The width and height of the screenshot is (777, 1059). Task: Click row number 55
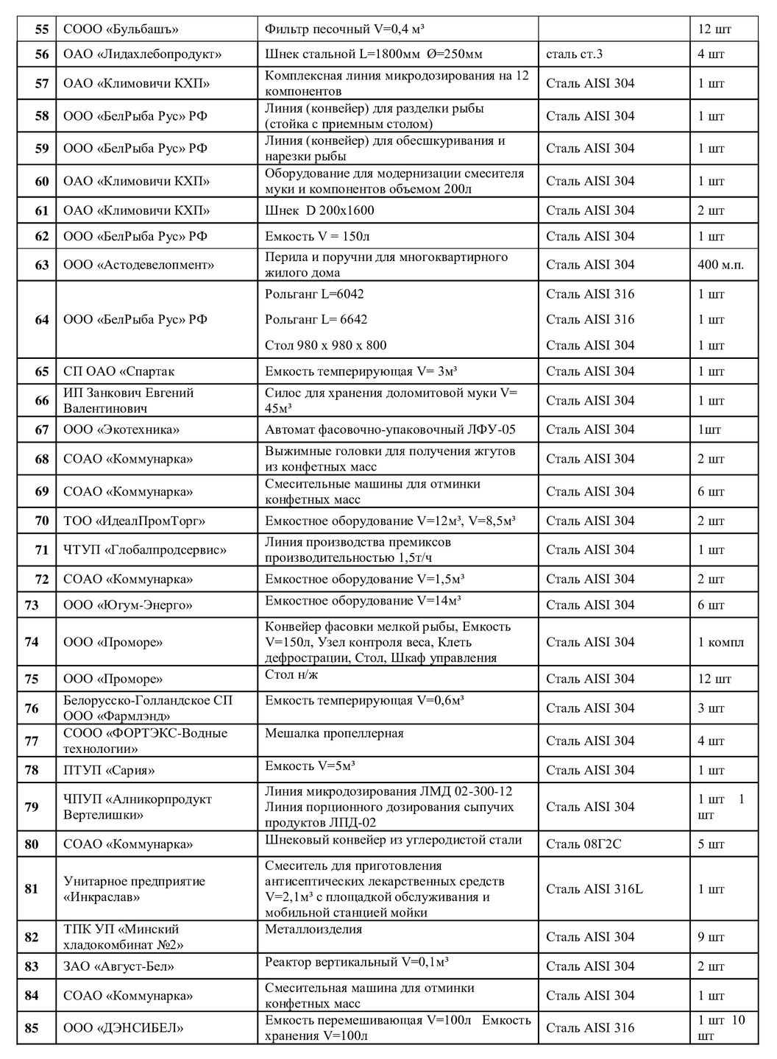pos(42,29)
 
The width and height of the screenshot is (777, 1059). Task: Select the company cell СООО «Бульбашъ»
pos(121,29)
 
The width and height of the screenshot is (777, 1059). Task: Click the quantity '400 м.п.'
pos(720,265)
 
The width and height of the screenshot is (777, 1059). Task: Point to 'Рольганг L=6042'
pos(313,294)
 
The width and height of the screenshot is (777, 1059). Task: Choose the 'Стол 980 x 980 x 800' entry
pos(325,345)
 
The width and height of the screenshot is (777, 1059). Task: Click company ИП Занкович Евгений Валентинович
pos(129,401)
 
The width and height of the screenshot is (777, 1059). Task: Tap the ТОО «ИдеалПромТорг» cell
pos(135,521)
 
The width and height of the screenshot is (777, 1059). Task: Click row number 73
pos(32,605)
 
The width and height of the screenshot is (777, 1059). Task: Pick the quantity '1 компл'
pos(720,642)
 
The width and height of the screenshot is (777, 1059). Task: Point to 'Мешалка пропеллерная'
pos(334,733)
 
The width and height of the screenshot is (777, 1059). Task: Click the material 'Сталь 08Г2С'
pos(583,844)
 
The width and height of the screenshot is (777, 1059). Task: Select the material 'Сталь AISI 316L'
pos(595,889)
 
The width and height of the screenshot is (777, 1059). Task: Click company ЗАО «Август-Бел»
pos(119,966)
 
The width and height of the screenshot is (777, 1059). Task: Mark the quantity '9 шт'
pos(711,937)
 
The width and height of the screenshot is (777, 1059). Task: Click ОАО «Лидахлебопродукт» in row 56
pos(143,54)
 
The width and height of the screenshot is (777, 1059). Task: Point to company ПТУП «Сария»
pos(109,771)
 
